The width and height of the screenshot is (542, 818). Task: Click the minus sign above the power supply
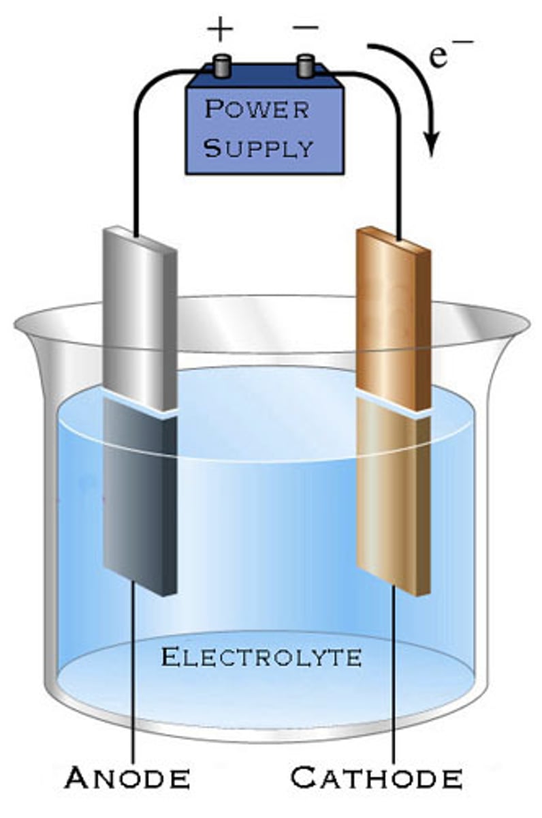(x=304, y=29)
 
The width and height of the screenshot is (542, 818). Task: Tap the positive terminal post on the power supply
(x=221, y=67)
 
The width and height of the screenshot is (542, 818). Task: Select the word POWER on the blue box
(x=257, y=109)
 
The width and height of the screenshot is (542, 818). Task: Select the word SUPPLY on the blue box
(x=259, y=148)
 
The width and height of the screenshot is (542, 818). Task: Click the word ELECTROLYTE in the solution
(x=261, y=658)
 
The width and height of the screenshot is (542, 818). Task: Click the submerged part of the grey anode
(x=139, y=498)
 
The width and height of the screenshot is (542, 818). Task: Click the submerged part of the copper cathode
(x=393, y=498)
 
